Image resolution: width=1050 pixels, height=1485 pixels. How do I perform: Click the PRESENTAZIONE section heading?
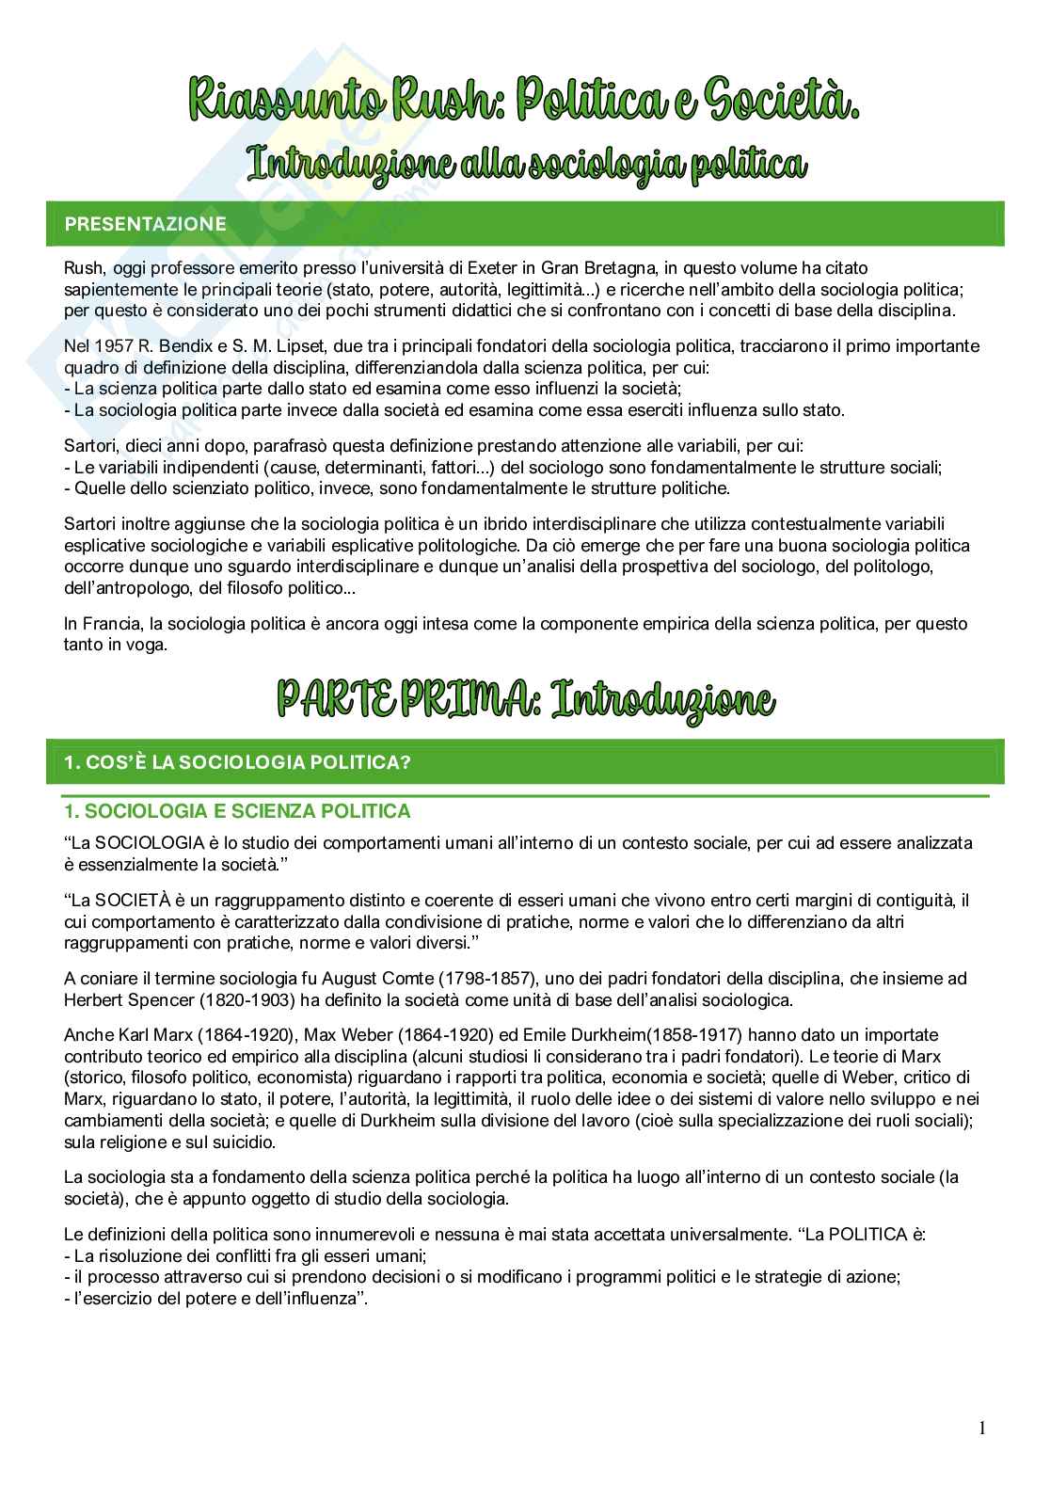pos(145,224)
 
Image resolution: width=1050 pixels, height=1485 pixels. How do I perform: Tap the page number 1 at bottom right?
pos(982,1429)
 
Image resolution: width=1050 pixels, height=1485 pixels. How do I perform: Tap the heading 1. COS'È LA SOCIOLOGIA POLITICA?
pos(236,762)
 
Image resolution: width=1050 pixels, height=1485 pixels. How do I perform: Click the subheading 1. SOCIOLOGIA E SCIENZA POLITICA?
pos(236,811)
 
